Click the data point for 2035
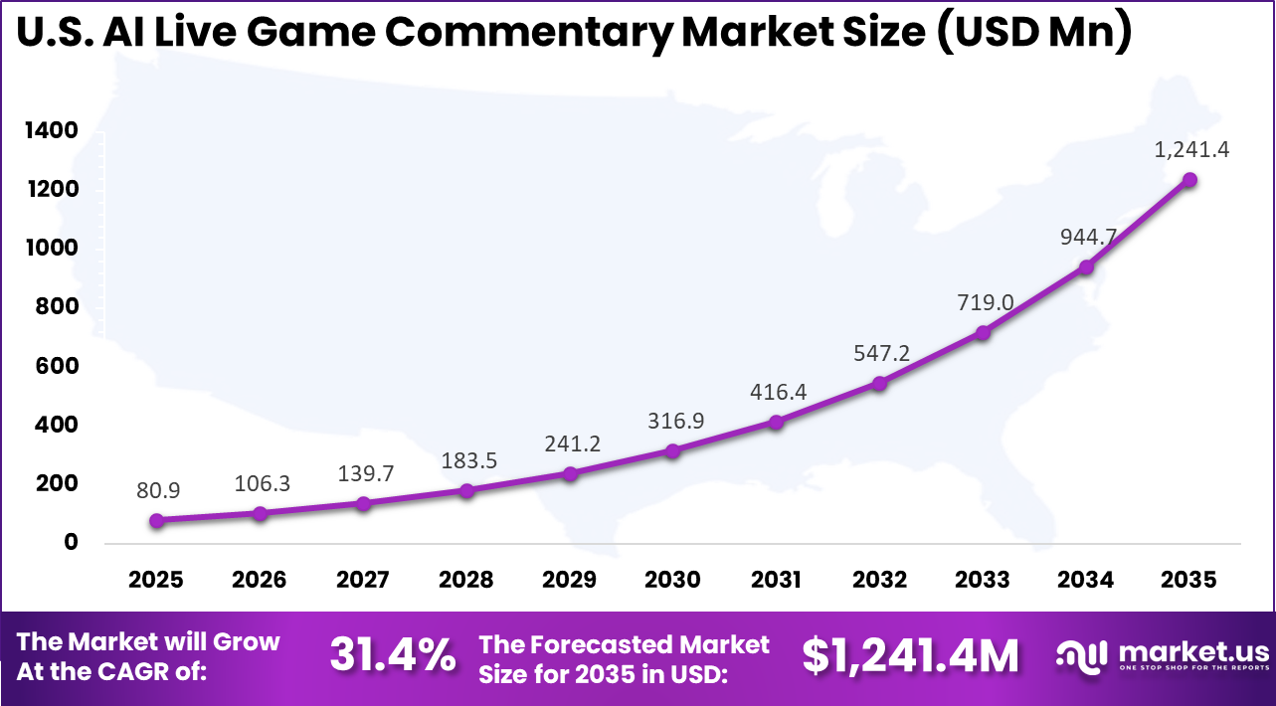(x=1188, y=180)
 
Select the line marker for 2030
(x=673, y=450)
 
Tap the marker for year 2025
(x=157, y=520)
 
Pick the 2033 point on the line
(x=983, y=333)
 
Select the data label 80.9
(x=157, y=490)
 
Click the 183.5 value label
(x=466, y=460)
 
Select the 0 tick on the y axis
(x=71, y=542)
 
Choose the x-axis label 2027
(x=363, y=580)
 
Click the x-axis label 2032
(x=879, y=580)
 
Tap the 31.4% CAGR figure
(x=393, y=656)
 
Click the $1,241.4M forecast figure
(x=911, y=656)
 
